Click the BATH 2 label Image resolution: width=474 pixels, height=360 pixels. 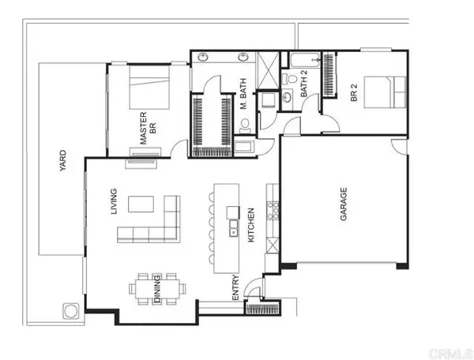coord(303,85)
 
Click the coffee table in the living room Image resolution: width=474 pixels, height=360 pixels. coord(142,204)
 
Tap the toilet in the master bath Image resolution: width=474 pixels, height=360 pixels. coord(243,125)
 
